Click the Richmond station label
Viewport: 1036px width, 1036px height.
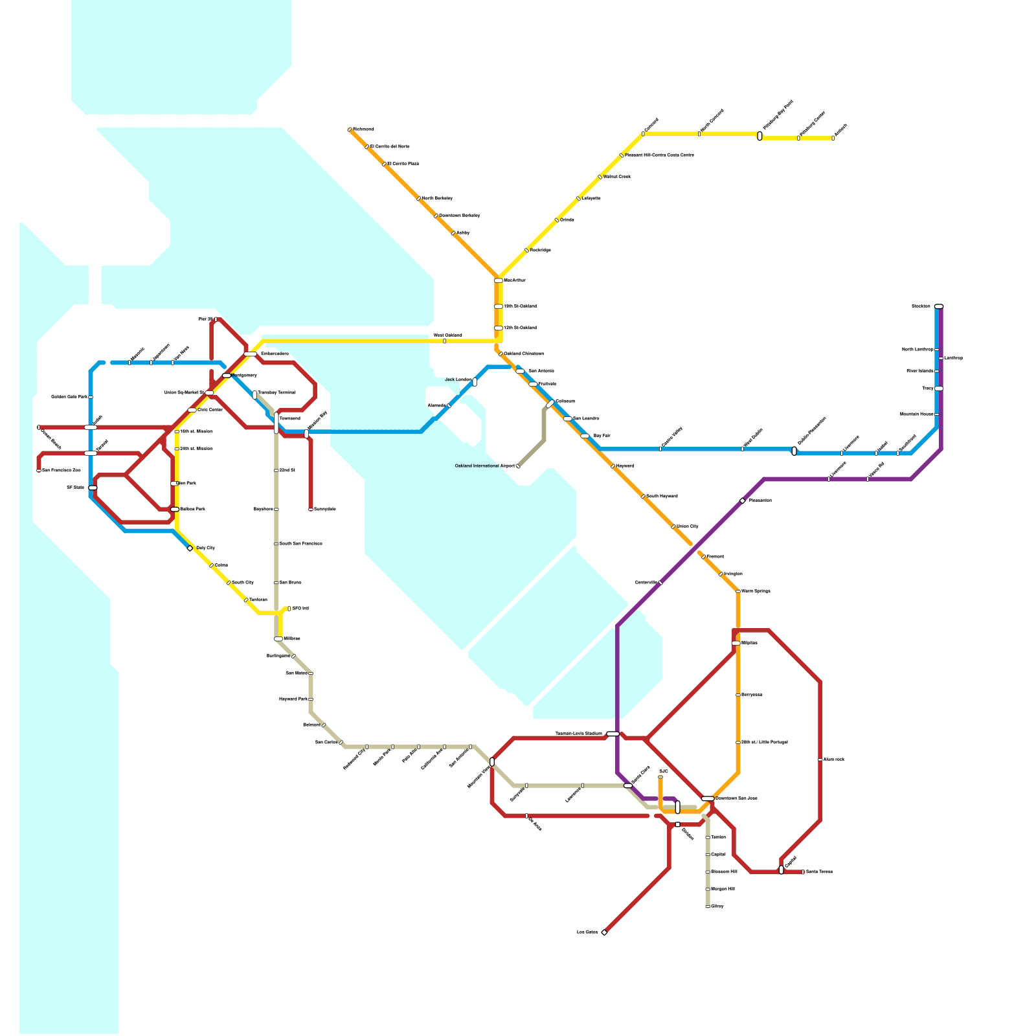363,129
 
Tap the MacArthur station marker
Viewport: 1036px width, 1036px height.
499,280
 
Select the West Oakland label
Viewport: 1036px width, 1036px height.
447,335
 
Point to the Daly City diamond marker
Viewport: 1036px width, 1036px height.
190,548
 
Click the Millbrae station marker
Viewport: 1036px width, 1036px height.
278,639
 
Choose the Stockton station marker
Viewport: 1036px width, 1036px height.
939,306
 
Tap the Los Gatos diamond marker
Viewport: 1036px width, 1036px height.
604,932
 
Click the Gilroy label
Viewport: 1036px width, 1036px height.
717,906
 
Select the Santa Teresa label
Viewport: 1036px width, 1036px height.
819,872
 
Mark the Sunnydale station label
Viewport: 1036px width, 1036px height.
324,510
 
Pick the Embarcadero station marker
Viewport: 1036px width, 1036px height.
251,354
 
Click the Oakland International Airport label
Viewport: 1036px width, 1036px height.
485,466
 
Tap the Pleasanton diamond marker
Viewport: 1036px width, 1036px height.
742,501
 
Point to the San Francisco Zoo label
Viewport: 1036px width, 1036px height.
62,471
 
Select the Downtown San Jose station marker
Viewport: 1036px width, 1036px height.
708,798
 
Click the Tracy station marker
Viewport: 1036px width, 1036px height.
939,388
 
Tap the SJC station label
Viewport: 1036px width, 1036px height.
663,772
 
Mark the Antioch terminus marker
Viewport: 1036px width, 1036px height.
833,138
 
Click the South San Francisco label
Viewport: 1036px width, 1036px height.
300,544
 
